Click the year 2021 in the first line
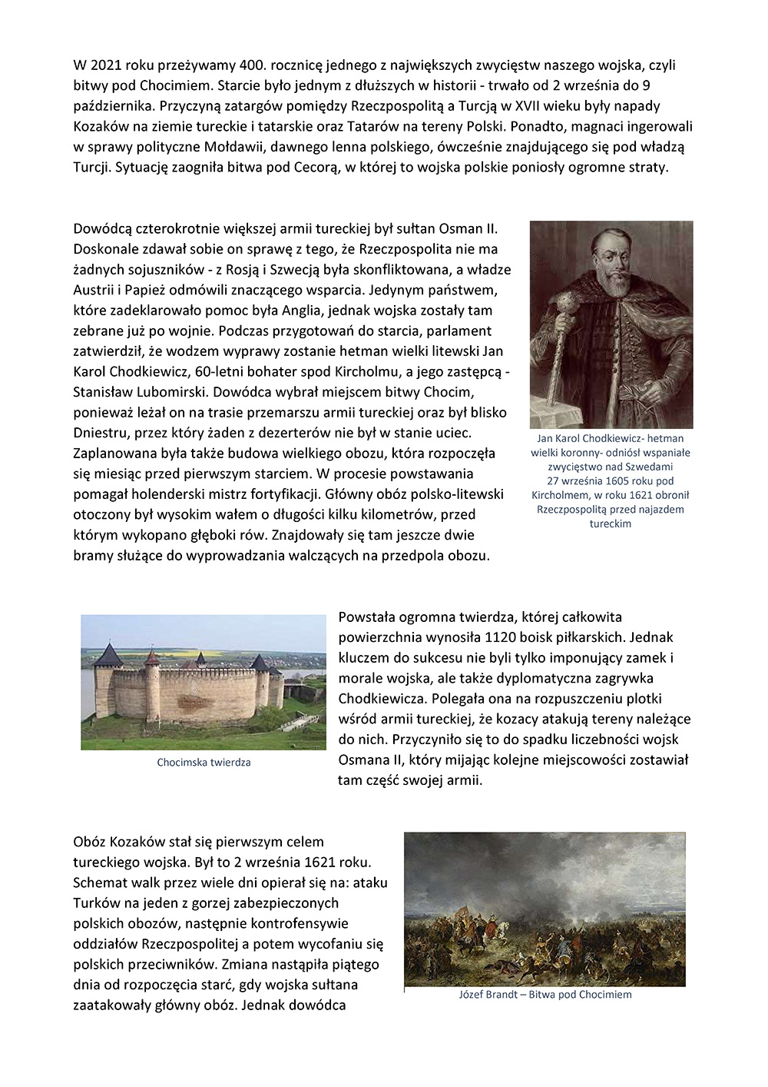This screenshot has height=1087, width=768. pyautogui.click(x=104, y=65)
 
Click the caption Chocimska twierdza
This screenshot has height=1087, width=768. pyautogui.click(x=204, y=763)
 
